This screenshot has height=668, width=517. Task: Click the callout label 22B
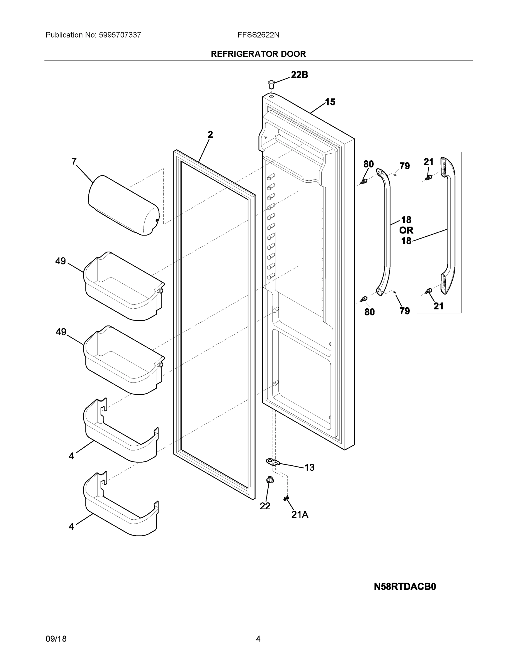(299, 75)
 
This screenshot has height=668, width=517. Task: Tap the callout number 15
(330, 102)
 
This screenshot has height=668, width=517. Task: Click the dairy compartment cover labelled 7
(123, 205)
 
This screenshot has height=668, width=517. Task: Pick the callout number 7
(74, 161)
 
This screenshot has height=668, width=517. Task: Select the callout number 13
(309, 467)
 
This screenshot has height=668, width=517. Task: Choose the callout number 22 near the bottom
(265, 506)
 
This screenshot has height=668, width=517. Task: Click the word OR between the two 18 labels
(406, 230)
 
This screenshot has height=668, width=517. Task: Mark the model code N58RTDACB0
(405, 587)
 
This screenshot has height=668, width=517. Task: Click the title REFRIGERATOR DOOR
(258, 54)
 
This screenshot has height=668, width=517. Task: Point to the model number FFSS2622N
(258, 35)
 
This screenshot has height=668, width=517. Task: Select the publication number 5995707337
(120, 35)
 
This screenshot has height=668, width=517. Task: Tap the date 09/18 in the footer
(56, 639)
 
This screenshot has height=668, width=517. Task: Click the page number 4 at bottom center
(258, 639)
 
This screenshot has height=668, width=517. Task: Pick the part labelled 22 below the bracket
(270, 480)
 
